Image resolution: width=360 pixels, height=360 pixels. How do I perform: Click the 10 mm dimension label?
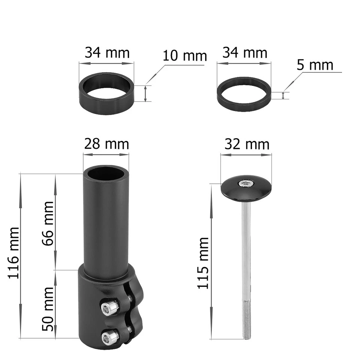pyautogui.click(x=184, y=56)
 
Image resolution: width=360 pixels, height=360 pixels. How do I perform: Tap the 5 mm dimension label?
pyautogui.click(x=315, y=65)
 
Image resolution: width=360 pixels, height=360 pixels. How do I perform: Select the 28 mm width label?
pyautogui.click(x=106, y=144)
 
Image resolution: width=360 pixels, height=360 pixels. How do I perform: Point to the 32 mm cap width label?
pyautogui.click(x=247, y=144)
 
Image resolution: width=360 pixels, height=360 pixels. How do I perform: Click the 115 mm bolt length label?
pyautogui.click(x=203, y=262)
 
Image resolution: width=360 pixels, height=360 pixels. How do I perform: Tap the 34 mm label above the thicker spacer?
pyautogui.click(x=106, y=52)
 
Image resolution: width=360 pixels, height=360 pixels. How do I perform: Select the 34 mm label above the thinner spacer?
pyautogui.click(x=244, y=52)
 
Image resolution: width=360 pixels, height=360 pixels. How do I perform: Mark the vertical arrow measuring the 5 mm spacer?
pyautogui.click(x=283, y=96)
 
